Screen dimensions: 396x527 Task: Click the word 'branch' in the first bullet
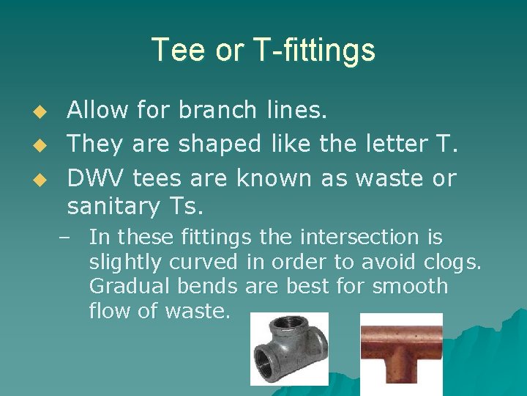point(217,111)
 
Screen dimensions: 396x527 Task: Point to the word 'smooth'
point(410,286)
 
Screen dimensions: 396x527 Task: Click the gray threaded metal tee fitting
point(289,348)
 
